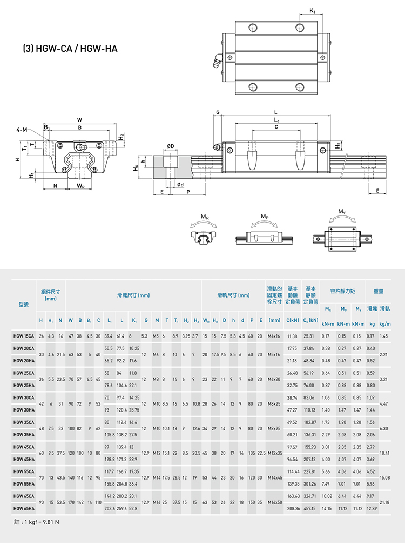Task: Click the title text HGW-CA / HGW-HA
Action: [70, 49]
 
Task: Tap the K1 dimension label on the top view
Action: [313, 10]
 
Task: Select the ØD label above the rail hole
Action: [170, 146]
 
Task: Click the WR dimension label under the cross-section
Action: [80, 186]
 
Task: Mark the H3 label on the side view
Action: [338, 145]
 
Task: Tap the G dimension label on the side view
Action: [218, 112]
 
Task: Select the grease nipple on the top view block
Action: [218, 61]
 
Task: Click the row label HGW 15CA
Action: [23, 336]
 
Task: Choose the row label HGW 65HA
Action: [23, 508]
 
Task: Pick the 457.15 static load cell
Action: [310, 508]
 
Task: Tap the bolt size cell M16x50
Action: [274, 502]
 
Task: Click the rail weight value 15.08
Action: [384, 477]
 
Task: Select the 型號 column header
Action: [23, 305]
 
